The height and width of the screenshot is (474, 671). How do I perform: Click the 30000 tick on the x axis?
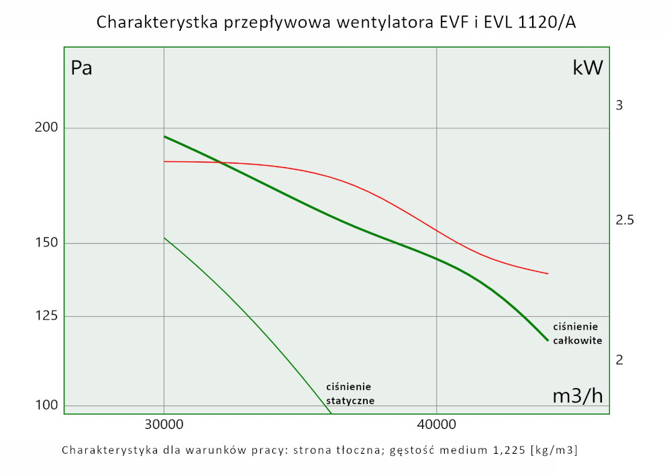(x=164, y=425)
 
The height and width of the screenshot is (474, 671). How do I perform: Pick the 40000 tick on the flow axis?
(x=436, y=425)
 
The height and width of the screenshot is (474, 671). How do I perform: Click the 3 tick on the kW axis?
(x=619, y=105)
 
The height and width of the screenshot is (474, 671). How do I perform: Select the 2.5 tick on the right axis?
(x=624, y=220)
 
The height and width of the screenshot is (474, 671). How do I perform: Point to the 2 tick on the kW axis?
(x=619, y=360)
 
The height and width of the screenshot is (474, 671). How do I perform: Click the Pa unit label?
(x=81, y=68)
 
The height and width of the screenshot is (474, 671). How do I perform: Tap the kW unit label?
(x=587, y=68)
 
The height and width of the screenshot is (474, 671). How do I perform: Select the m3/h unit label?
(x=577, y=396)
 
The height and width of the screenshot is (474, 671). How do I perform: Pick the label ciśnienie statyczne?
(x=350, y=393)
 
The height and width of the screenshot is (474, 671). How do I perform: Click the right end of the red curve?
(x=548, y=274)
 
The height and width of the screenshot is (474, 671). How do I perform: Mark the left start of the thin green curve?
(x=164, y=238)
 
